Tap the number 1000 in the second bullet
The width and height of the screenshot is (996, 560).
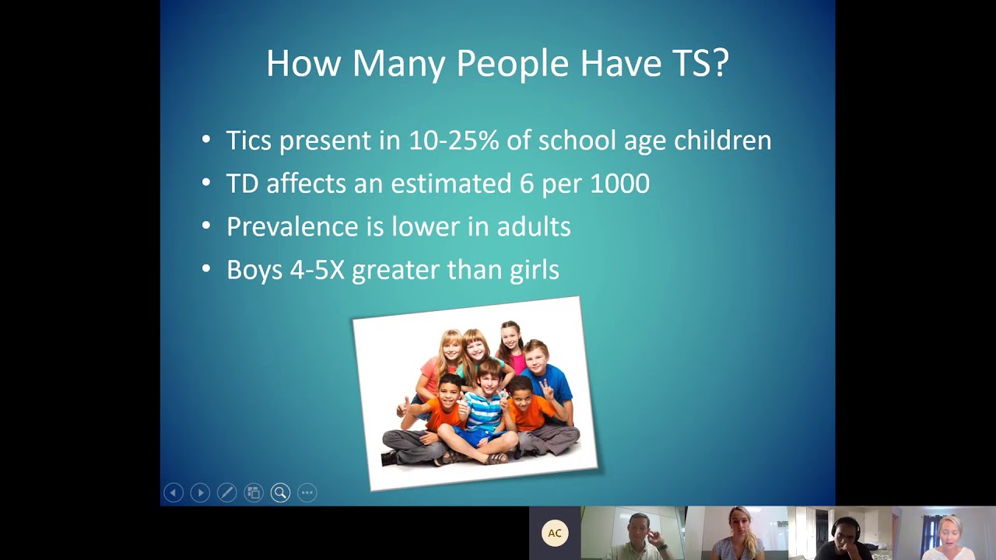pyautogui.click(x=619, y=184)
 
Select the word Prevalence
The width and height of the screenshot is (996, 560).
pyautogui.click(x=293, y=226)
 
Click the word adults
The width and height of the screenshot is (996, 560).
pyautogui.click(x=534, y=226)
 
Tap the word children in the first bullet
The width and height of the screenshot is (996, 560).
pyautogui.click(x=722, y=141)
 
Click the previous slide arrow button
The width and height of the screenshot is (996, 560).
pyautogui.click(x=174, y=492)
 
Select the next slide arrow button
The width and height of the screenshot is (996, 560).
pyautogui.click(x=200, y=492)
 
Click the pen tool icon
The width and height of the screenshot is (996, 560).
pyautogui.click(x=226, y=492)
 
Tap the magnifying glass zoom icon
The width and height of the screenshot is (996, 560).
pyautogui.click(x=280, y=492)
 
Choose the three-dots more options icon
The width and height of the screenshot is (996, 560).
pyautogui.click(x=307, y=492)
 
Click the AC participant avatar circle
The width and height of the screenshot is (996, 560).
pyautogui.click(x=555, y=533)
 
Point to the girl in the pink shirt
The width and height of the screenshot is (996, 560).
pyautogui.click(x=511, y=346)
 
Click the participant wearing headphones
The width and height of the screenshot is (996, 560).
pyautogui.click(x=844, y=537)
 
